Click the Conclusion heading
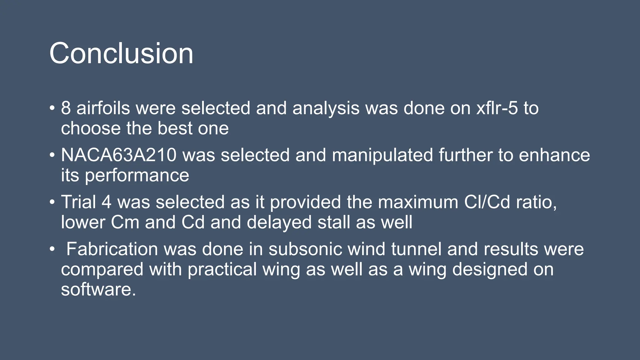[x=121, y=53]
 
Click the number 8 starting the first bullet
[x=66, y=108]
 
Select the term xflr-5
[x=497, y=108]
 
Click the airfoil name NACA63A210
[x=119, y=155]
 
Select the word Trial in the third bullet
[x=78, y=202]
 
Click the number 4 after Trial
[x=106, y=202]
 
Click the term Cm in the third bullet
[x=125, y=222]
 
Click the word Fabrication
[x=112, y=249]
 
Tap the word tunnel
[x=416, y=249]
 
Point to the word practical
[x=222, y=270]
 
